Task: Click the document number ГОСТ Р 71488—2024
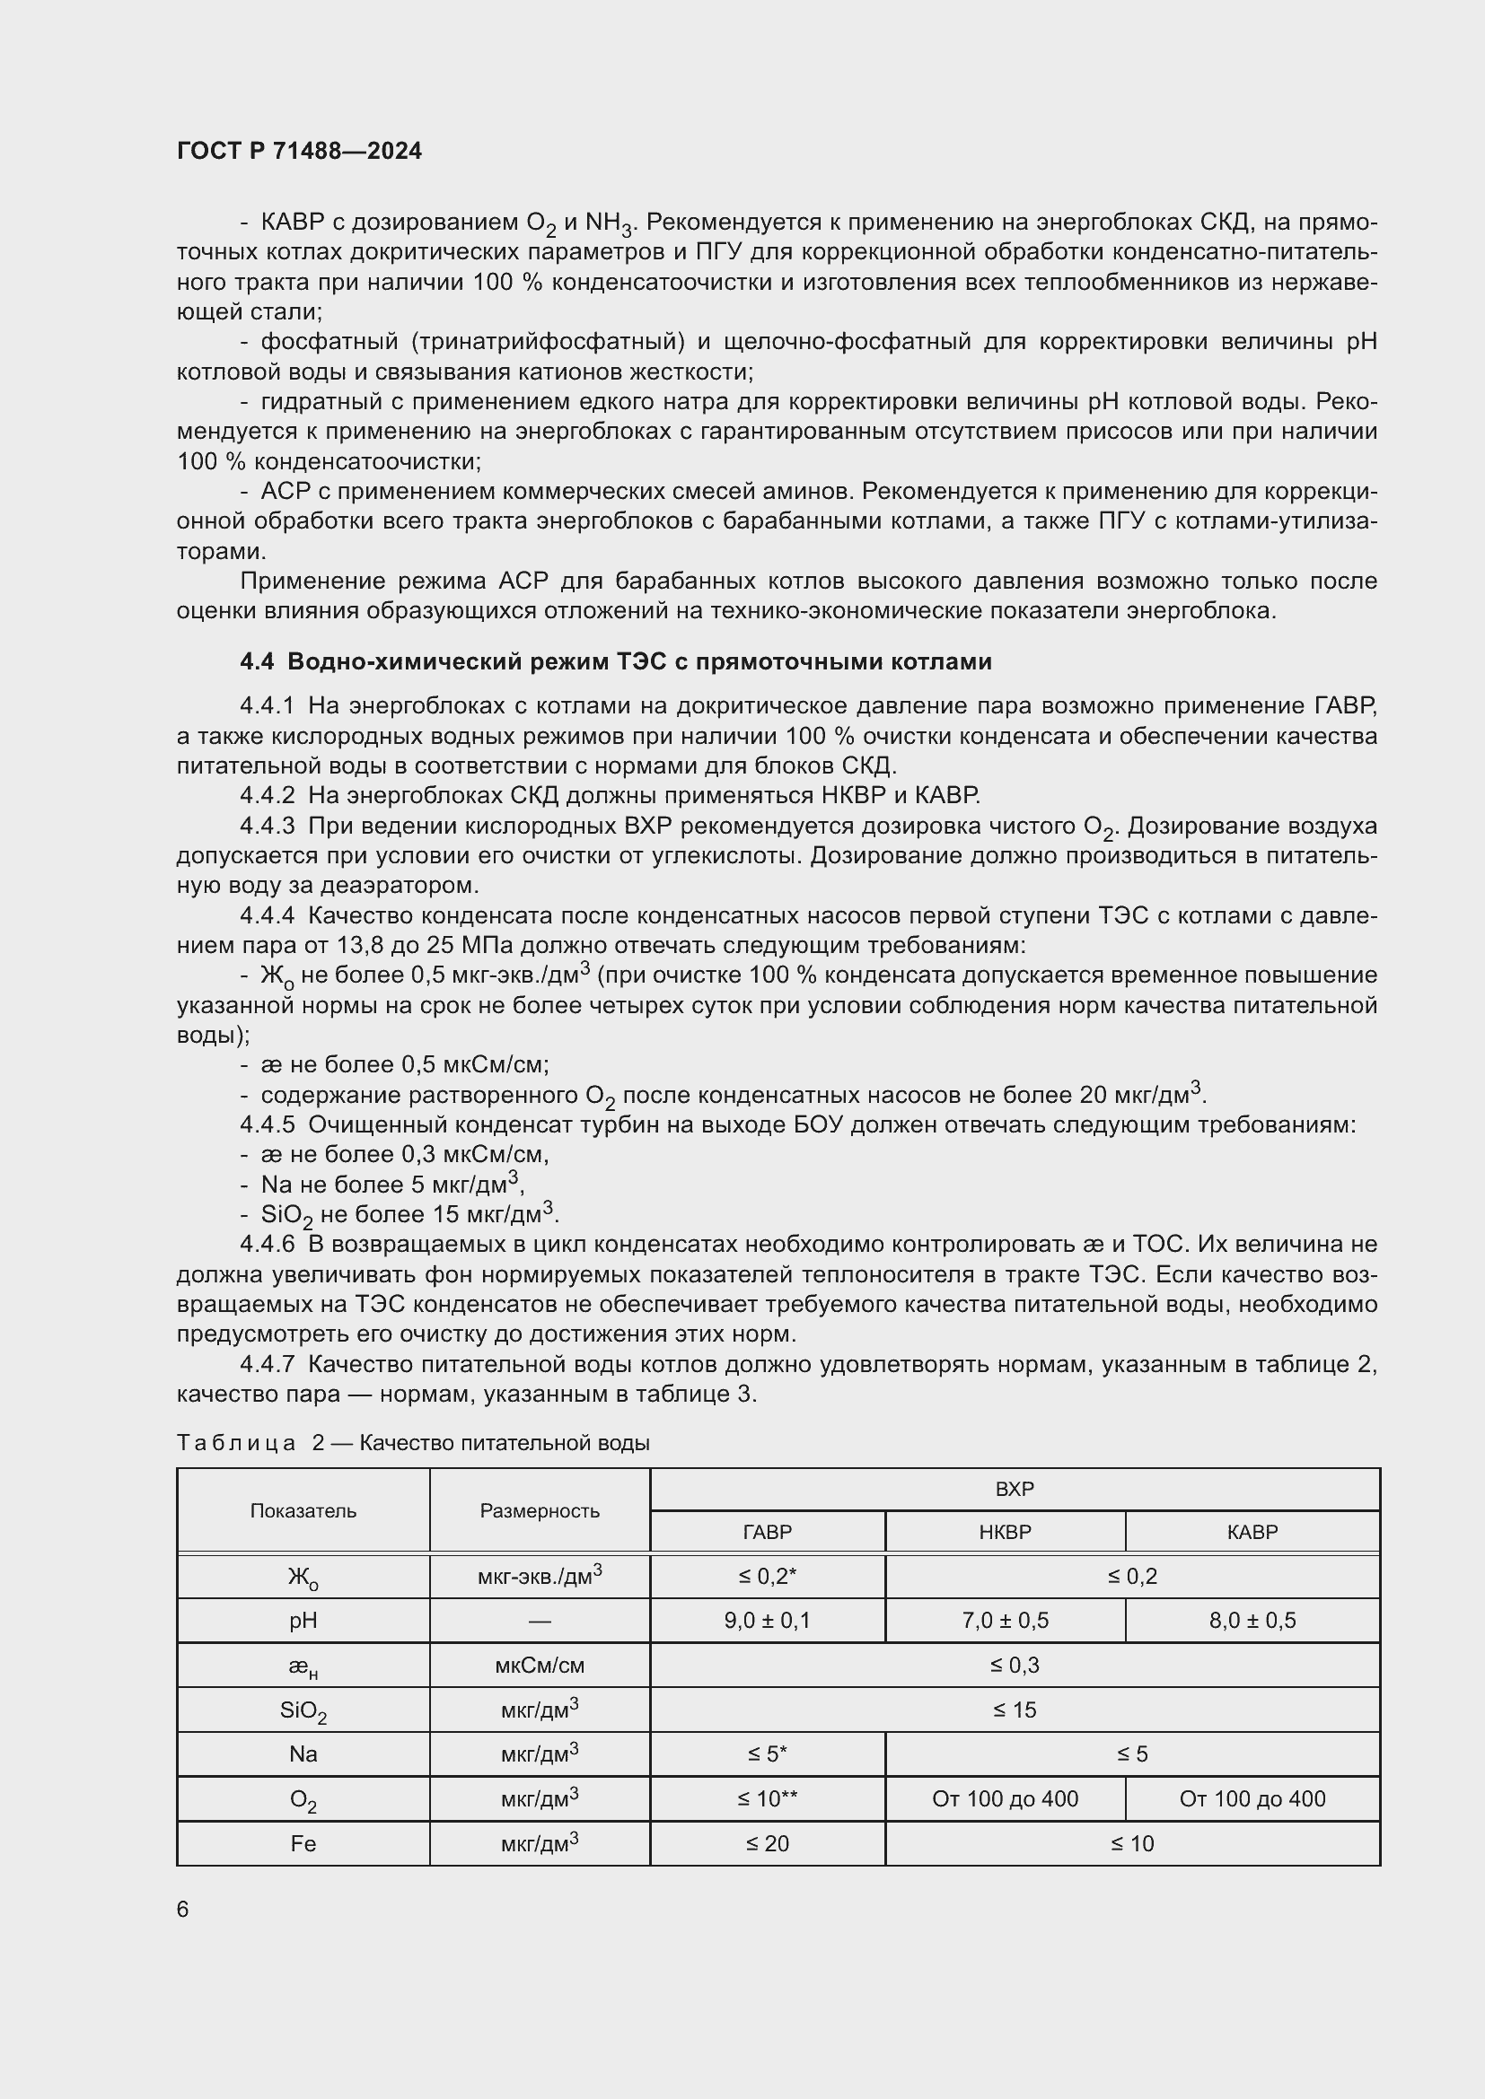point(299,151)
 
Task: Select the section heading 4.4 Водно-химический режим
point(615,661)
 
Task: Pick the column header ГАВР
point(766,1531)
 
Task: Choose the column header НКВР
point(1004,1531)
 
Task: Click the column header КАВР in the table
point(1251,1531)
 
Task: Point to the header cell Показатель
point(303,1510)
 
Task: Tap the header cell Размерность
point(540,1510)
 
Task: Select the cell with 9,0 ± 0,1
point(766,1620)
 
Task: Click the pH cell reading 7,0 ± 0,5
point(1004,1620)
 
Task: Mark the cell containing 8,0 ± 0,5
point(1251,1620)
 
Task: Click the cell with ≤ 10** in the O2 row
point(766,1798)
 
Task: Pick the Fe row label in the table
point(303,1843)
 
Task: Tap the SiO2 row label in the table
point(303,1710)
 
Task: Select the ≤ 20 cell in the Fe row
point(766,1843)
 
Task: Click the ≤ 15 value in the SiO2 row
point(1014,1710)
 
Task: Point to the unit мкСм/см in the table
point(540,1665)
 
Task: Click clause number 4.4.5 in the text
point(267,1124)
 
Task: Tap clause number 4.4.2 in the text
point(267,795)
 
